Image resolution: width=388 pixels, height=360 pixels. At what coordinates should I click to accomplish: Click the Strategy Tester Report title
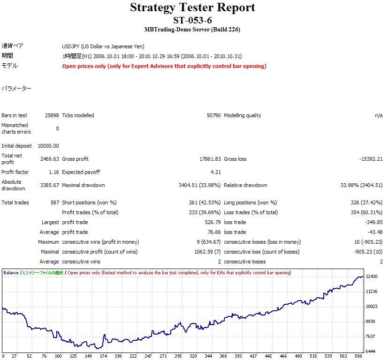(193, 7)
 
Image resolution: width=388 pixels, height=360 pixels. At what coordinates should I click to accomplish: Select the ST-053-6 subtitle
(192, 20)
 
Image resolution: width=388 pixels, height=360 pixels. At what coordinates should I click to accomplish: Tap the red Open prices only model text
(164, 66)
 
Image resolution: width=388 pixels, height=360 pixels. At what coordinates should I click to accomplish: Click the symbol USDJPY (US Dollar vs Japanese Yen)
(103, 46)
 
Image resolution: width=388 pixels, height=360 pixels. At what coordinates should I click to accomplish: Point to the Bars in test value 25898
(51, 115)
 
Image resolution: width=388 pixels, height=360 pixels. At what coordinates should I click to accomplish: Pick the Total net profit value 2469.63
(50, 159)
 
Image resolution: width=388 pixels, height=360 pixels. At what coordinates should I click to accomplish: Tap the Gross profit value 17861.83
(210, 159)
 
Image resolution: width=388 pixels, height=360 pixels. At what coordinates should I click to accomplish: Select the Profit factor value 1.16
(53, 172)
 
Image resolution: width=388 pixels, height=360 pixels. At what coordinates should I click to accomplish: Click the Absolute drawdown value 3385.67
(50, 185)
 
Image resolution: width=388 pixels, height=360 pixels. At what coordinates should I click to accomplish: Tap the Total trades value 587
(54, 202)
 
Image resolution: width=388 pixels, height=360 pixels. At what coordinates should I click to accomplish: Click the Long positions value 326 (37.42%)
(363, 202)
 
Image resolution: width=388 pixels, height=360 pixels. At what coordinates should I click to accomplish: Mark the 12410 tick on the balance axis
(372, 277)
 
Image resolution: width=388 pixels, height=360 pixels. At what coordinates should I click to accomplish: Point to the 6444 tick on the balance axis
(371, 351)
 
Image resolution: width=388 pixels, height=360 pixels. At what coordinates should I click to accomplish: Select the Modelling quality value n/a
(379, 115)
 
